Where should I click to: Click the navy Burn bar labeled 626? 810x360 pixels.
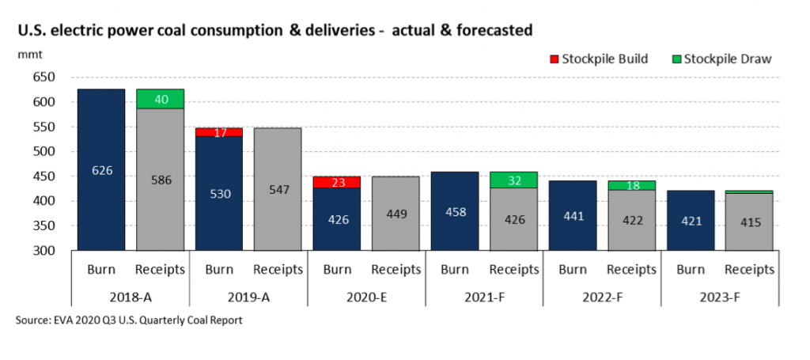click(x=100, y=169)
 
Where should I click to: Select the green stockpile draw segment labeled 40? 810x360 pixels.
click(x=161, y=99)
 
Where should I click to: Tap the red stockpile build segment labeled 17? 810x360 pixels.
click(x=219, y=132)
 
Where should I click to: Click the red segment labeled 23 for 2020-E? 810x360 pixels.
click(x=337, y=182)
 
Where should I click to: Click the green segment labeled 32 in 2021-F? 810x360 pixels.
click(x=514, y=180)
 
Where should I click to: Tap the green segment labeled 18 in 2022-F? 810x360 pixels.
click(x=632, y=186)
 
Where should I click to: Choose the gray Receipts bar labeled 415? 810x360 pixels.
click(x=750, y=222)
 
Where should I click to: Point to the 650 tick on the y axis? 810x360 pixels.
click(x=44, y=78)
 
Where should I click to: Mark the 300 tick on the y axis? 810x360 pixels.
click(x=44, y=251)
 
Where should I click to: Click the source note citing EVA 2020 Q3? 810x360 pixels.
click(x=127, y=320)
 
